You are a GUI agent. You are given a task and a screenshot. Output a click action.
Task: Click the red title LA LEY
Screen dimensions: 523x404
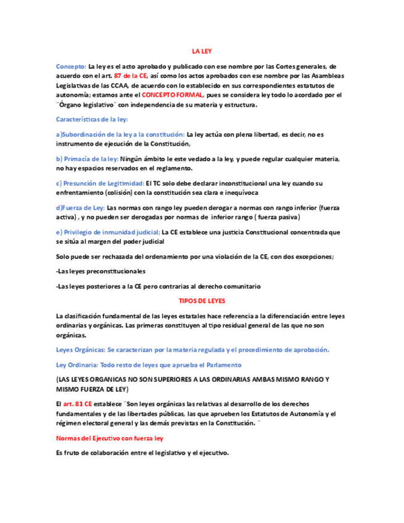202,52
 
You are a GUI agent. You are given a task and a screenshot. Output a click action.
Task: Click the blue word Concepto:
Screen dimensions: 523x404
71,66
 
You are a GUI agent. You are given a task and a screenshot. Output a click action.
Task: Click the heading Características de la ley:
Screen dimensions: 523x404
91,119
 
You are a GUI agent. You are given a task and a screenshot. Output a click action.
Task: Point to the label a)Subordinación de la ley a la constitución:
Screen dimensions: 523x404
120,134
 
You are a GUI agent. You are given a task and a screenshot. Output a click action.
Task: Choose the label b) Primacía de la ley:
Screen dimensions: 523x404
88,159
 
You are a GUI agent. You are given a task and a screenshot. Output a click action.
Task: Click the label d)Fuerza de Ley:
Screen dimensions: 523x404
80,208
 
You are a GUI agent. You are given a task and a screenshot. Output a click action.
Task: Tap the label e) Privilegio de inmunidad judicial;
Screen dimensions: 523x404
108,232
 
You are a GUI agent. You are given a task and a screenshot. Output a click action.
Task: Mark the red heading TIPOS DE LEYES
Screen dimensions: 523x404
202,301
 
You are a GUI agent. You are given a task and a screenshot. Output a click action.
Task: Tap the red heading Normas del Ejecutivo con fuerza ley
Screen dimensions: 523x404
109,438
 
